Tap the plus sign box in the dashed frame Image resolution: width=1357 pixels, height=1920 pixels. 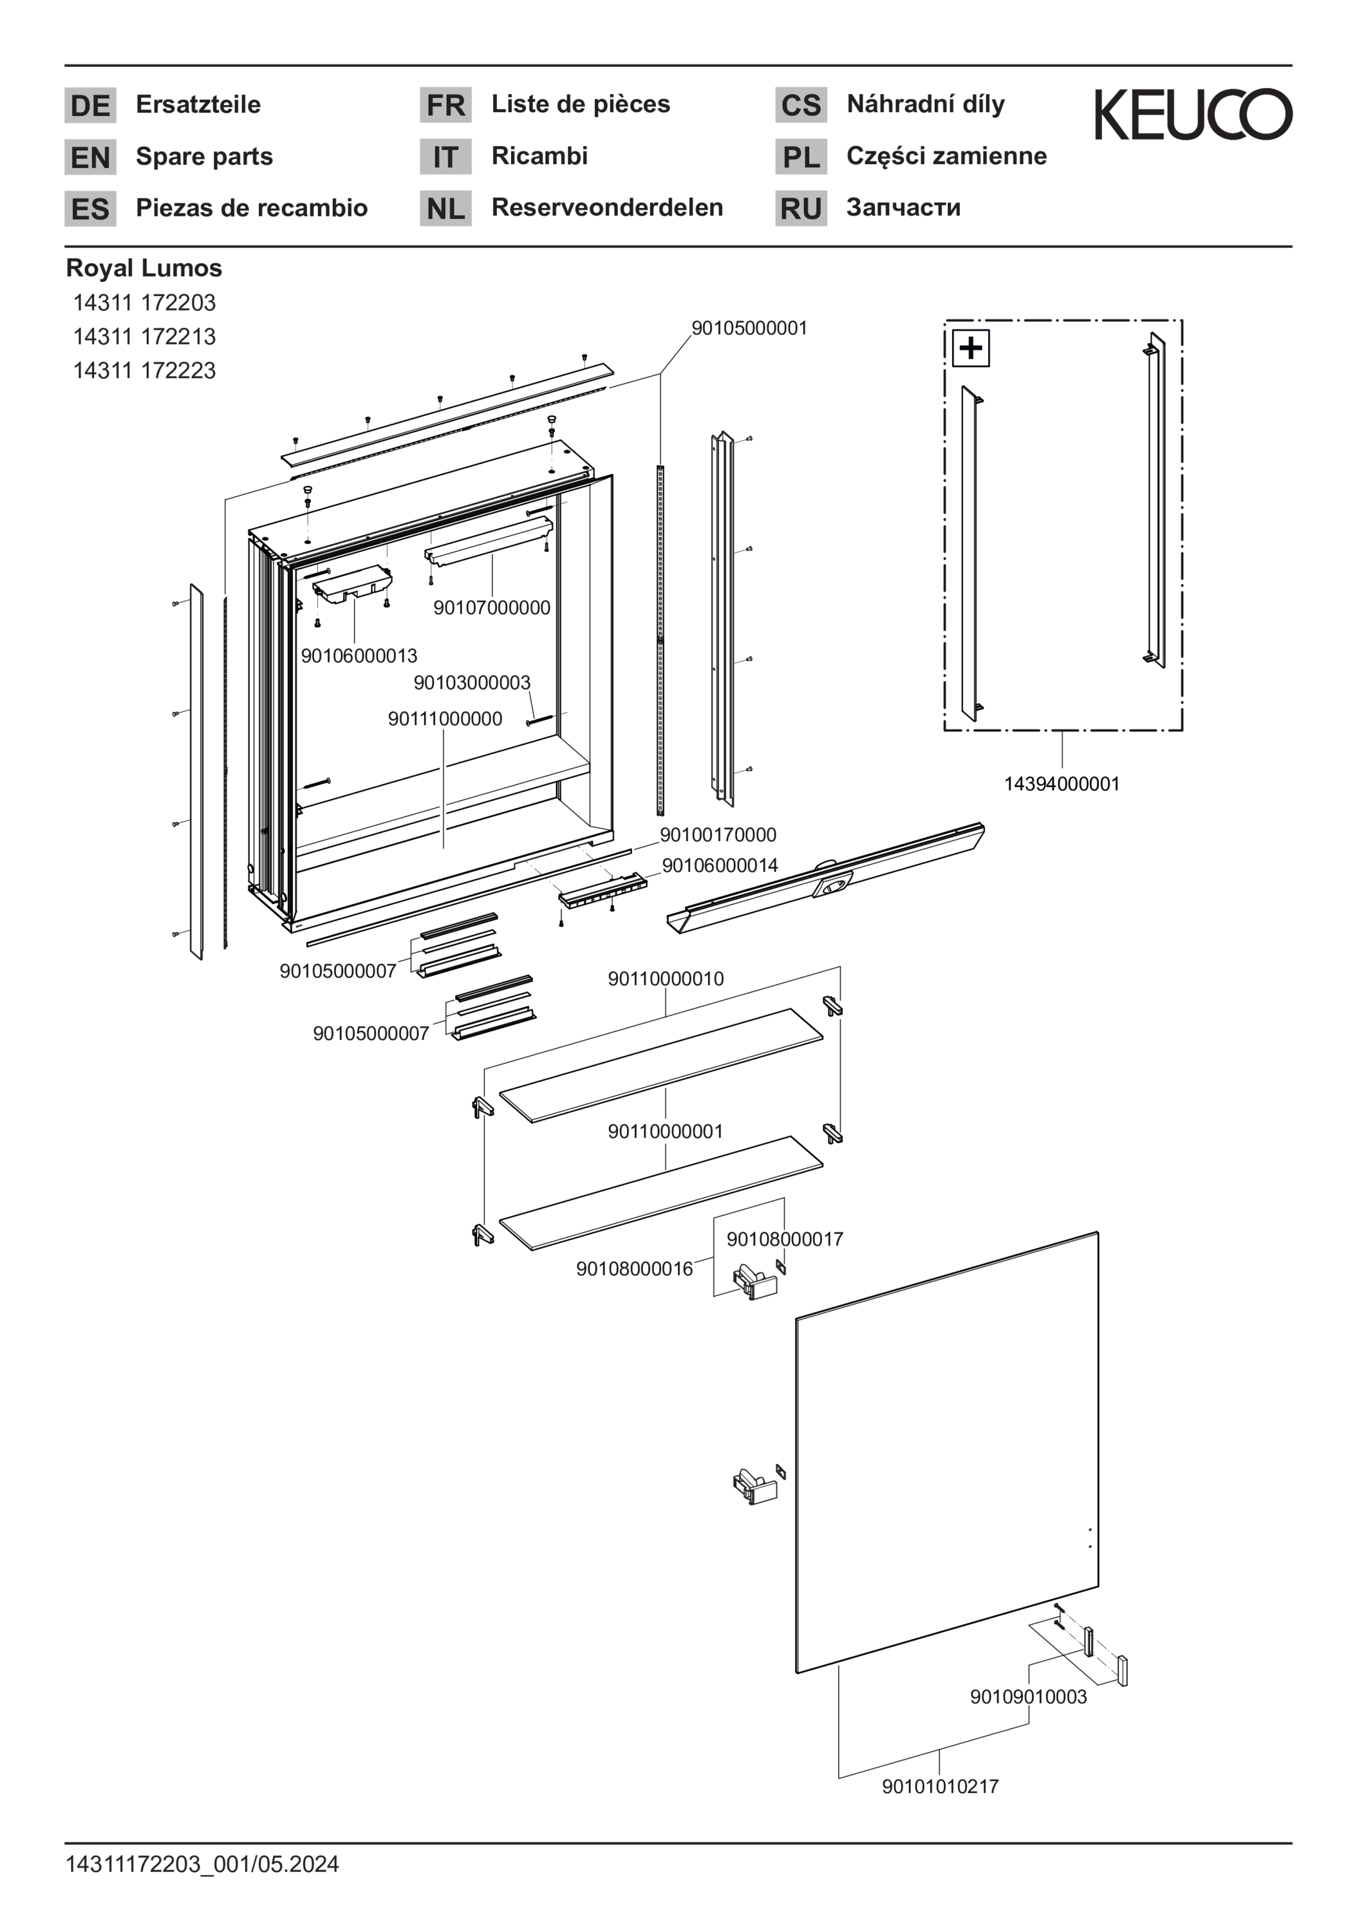coord(971,348)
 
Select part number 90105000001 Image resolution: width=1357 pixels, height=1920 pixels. coord(749,328)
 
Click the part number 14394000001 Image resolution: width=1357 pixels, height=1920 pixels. coord(1061,784)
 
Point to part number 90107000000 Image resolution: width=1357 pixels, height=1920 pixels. coord(492,608)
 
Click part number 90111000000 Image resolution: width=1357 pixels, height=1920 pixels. coord(445,719)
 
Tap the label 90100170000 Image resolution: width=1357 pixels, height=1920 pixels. coord(718,834)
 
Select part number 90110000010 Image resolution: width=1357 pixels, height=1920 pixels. coord(666,979)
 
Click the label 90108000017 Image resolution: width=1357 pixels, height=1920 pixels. coord(784,1239)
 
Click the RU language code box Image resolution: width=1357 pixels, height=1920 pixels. coord(800,208)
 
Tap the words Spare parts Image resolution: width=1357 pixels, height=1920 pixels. coord(204,156)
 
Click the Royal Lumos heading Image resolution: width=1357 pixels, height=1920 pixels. coord(144,268)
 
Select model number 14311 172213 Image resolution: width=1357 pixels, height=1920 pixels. coord(144,337)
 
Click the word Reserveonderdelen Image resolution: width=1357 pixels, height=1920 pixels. coord(607,207)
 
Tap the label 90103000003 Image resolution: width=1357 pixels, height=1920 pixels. coord(472,683)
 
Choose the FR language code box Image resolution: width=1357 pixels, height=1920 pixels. coord(445,106)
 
